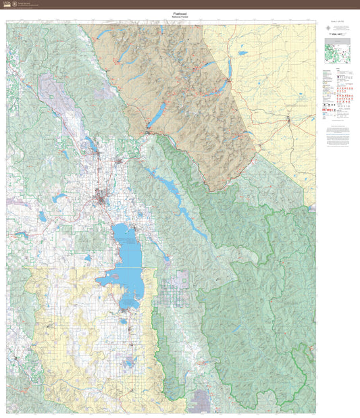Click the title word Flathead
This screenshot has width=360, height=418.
pyautogui.click(x=180, y=12)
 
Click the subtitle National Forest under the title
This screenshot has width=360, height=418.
pyautogui.click(x=180, y=16)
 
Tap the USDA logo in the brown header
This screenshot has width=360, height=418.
pyautogui.click(x=7, y=4)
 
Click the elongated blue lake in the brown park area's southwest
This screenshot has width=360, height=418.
pyautogui.click(x=155, y=117)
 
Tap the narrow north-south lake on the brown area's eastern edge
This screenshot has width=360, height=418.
pyautogui.click(x=230, y=68)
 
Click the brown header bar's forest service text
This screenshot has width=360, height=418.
pyautogui.click(x=27, y=4)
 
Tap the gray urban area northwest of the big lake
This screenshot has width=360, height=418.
pyautogui.click(x=103, y=199)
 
